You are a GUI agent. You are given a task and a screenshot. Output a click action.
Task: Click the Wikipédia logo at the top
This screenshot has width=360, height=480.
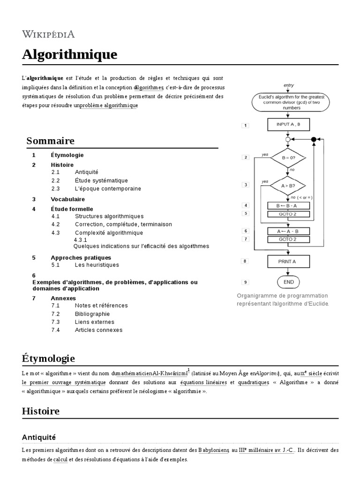point(48,34)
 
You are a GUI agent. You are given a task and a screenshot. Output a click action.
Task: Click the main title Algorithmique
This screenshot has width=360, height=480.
point(69,55)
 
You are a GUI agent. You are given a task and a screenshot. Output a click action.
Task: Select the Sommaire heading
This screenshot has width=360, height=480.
point(51,141)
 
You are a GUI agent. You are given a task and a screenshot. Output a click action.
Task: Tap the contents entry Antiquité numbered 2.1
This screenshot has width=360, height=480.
point(86,172)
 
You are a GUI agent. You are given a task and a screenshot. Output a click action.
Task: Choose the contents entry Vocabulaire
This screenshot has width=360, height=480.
point(67,199)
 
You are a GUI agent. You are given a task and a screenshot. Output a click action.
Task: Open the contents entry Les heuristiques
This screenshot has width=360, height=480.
point(97,265)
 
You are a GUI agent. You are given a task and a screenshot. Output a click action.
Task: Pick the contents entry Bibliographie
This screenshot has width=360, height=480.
point(92,314)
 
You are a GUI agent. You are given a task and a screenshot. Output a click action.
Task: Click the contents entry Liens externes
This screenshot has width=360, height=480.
point(94,322)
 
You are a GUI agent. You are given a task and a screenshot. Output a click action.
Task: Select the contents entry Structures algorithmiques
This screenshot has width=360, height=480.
point(109,216)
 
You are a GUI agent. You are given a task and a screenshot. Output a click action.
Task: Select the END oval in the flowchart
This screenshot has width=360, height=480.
point(289,282)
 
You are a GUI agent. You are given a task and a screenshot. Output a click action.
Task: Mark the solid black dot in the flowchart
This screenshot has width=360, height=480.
point(314,139)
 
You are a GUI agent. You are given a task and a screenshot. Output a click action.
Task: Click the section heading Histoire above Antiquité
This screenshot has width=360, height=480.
point(41,411)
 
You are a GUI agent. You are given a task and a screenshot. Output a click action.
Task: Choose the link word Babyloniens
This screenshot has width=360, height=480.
point(213,450)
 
